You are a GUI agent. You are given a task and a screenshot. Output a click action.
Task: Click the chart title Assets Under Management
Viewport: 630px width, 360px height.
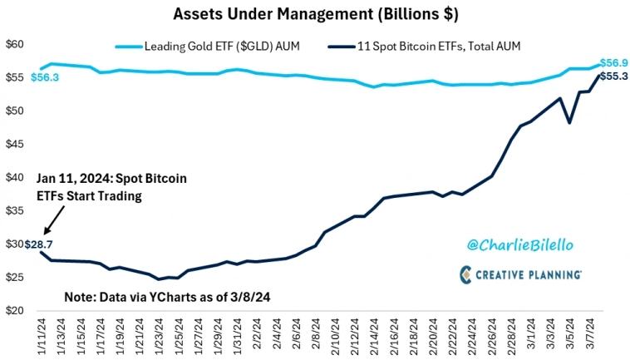pos(314,13)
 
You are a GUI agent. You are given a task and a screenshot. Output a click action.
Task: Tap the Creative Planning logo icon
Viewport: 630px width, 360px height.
pos(467,274)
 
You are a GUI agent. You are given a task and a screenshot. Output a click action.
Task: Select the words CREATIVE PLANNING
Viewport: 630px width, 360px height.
pos(532,274)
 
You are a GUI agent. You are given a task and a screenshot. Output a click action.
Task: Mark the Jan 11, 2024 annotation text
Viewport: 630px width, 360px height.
pos(111,187)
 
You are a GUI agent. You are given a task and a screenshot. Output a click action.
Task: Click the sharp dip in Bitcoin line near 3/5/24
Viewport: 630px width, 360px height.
pos(569,123)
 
